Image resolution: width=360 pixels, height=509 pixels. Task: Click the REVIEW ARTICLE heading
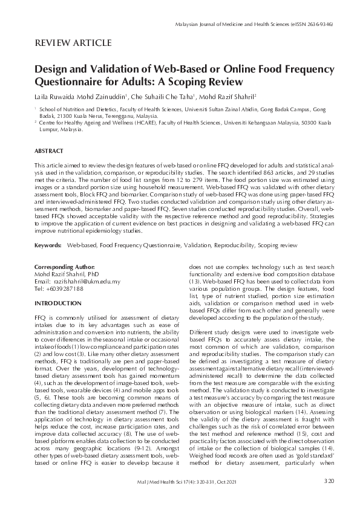click(73, 43)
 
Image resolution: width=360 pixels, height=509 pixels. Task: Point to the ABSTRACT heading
click(50, 151)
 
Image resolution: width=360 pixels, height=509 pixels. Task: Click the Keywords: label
click(48, 246)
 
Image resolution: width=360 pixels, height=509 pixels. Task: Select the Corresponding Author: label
click(65, 267)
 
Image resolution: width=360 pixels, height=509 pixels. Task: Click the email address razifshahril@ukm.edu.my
click(86, 281)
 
